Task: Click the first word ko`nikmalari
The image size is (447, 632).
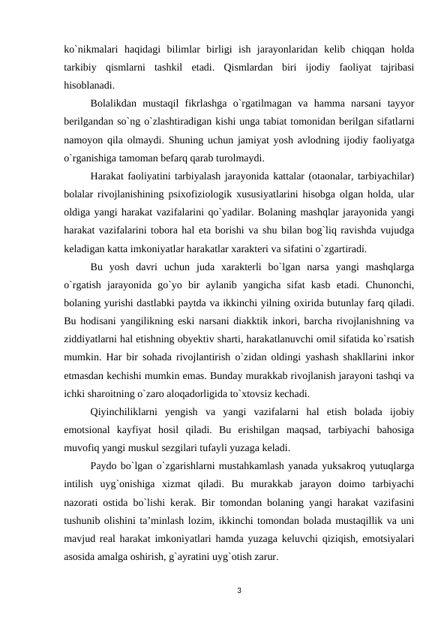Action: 91,50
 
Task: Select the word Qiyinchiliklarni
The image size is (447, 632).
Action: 131,411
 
